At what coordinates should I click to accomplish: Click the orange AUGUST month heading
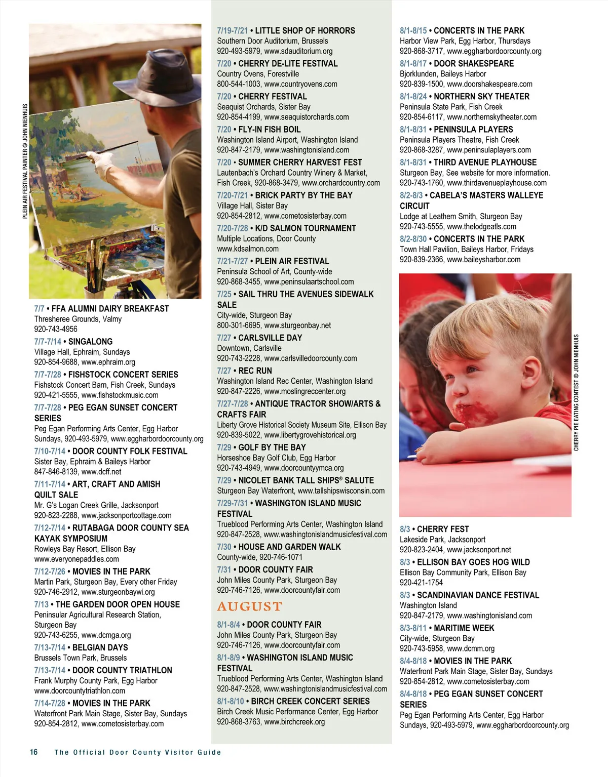point(249,606)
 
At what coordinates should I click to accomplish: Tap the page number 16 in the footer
point(34,752)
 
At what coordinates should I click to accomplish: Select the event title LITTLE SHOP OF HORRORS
point(305,31)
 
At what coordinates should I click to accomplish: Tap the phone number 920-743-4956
point(56,329)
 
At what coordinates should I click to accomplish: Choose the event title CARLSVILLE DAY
point(270,338)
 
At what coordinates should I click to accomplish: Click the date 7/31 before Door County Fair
point(224,570)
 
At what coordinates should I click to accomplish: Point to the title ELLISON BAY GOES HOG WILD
point(473,562)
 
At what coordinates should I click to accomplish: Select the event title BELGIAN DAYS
point(100,648)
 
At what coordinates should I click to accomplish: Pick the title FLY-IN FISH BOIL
point(270,130)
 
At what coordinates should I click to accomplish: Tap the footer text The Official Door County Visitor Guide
point(138,753)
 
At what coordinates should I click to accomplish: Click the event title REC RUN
point(255,371)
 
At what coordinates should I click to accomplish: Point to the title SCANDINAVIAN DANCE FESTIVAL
point(478,595)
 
